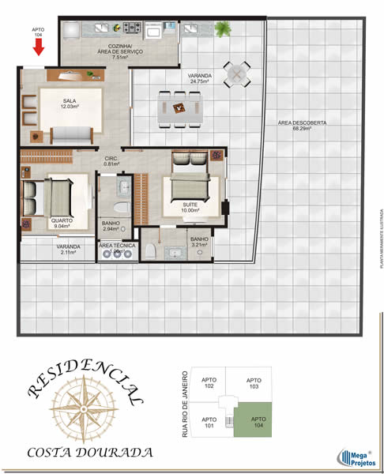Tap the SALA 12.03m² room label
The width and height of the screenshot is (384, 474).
(x=70, y=105)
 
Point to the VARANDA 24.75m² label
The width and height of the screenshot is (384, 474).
(x=199, y=78)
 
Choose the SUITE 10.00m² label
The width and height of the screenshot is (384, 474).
(x=190, y=207)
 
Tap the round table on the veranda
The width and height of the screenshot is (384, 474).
(x=236, y=74)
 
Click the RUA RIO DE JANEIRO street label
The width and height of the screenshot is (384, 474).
(x=186, y=403)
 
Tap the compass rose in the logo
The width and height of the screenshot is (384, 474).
(x=81, y=405)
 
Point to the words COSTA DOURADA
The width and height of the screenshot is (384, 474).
(x=89, y=453)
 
